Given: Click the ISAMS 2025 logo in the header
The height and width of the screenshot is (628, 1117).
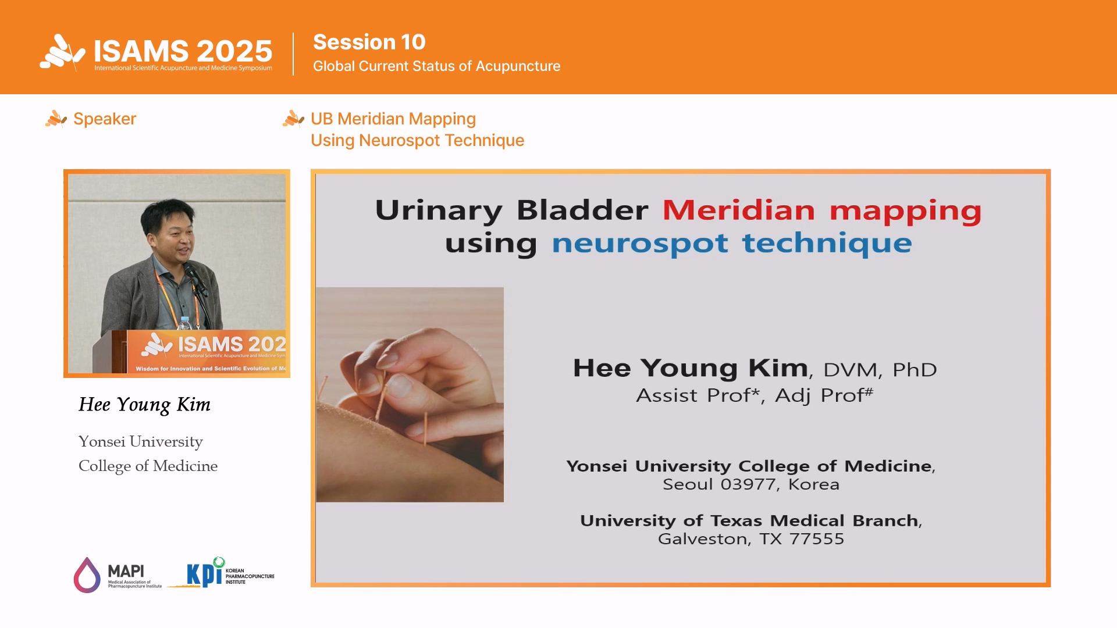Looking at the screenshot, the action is click(156, 52).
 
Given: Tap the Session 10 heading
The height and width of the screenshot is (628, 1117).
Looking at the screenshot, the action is click(369, 42).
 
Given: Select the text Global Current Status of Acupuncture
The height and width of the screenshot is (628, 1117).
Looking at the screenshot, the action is click(436, 66).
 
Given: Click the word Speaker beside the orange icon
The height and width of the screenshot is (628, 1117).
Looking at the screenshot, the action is click(105, 119).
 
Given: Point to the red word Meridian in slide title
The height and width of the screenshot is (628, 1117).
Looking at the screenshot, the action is click(739, 210).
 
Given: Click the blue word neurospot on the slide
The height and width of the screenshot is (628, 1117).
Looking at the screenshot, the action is click(640, 243).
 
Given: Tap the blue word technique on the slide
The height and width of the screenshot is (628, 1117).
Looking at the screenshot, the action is click(827, 242).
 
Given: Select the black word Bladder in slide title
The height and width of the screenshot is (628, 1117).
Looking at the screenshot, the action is click(582, 210).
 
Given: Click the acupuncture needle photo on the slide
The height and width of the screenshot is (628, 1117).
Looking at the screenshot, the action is click(410, 394).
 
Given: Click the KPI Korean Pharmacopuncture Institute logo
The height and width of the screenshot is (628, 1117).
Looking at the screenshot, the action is click(222, 573).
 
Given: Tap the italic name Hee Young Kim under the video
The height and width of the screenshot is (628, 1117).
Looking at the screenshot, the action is click(144, 405).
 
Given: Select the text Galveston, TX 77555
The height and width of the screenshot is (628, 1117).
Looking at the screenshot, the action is click(751, 539).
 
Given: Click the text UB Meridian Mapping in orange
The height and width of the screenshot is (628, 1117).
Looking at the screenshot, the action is click(393, 119).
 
